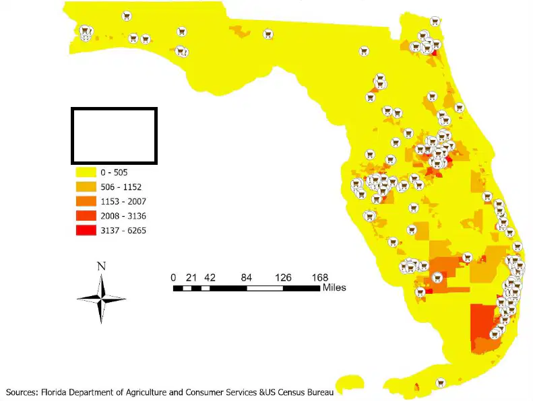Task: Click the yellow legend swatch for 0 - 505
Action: point(86,172)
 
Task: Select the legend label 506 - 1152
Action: point(121,187)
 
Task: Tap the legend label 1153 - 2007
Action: point(123,202)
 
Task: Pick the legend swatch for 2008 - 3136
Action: point(86,215)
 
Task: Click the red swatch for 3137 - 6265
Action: point(86,230)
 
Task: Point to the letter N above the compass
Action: point(101,266)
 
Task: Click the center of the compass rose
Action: point(101,299)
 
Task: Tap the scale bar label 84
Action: point(247,278)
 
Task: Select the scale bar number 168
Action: point(320,278)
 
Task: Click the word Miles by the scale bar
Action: point(334,287)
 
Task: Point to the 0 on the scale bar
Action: point(173,278)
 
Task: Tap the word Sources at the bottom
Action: point(22,392)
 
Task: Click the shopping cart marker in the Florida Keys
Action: point(441,383)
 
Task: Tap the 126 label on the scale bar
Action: point(283,278)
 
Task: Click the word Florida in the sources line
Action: point(54,392)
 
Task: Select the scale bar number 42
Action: point(210,278)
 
